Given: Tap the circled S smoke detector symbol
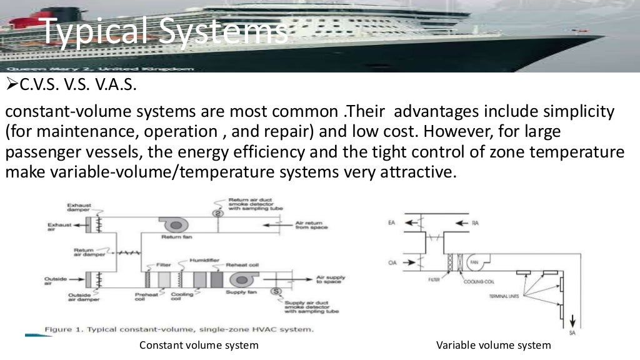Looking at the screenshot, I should [x=276, y=291].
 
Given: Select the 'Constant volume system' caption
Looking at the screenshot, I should [x=199, y=345].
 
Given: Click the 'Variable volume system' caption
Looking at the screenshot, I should [x=494, y=345].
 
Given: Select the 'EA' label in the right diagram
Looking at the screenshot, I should [x=391, y=222].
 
